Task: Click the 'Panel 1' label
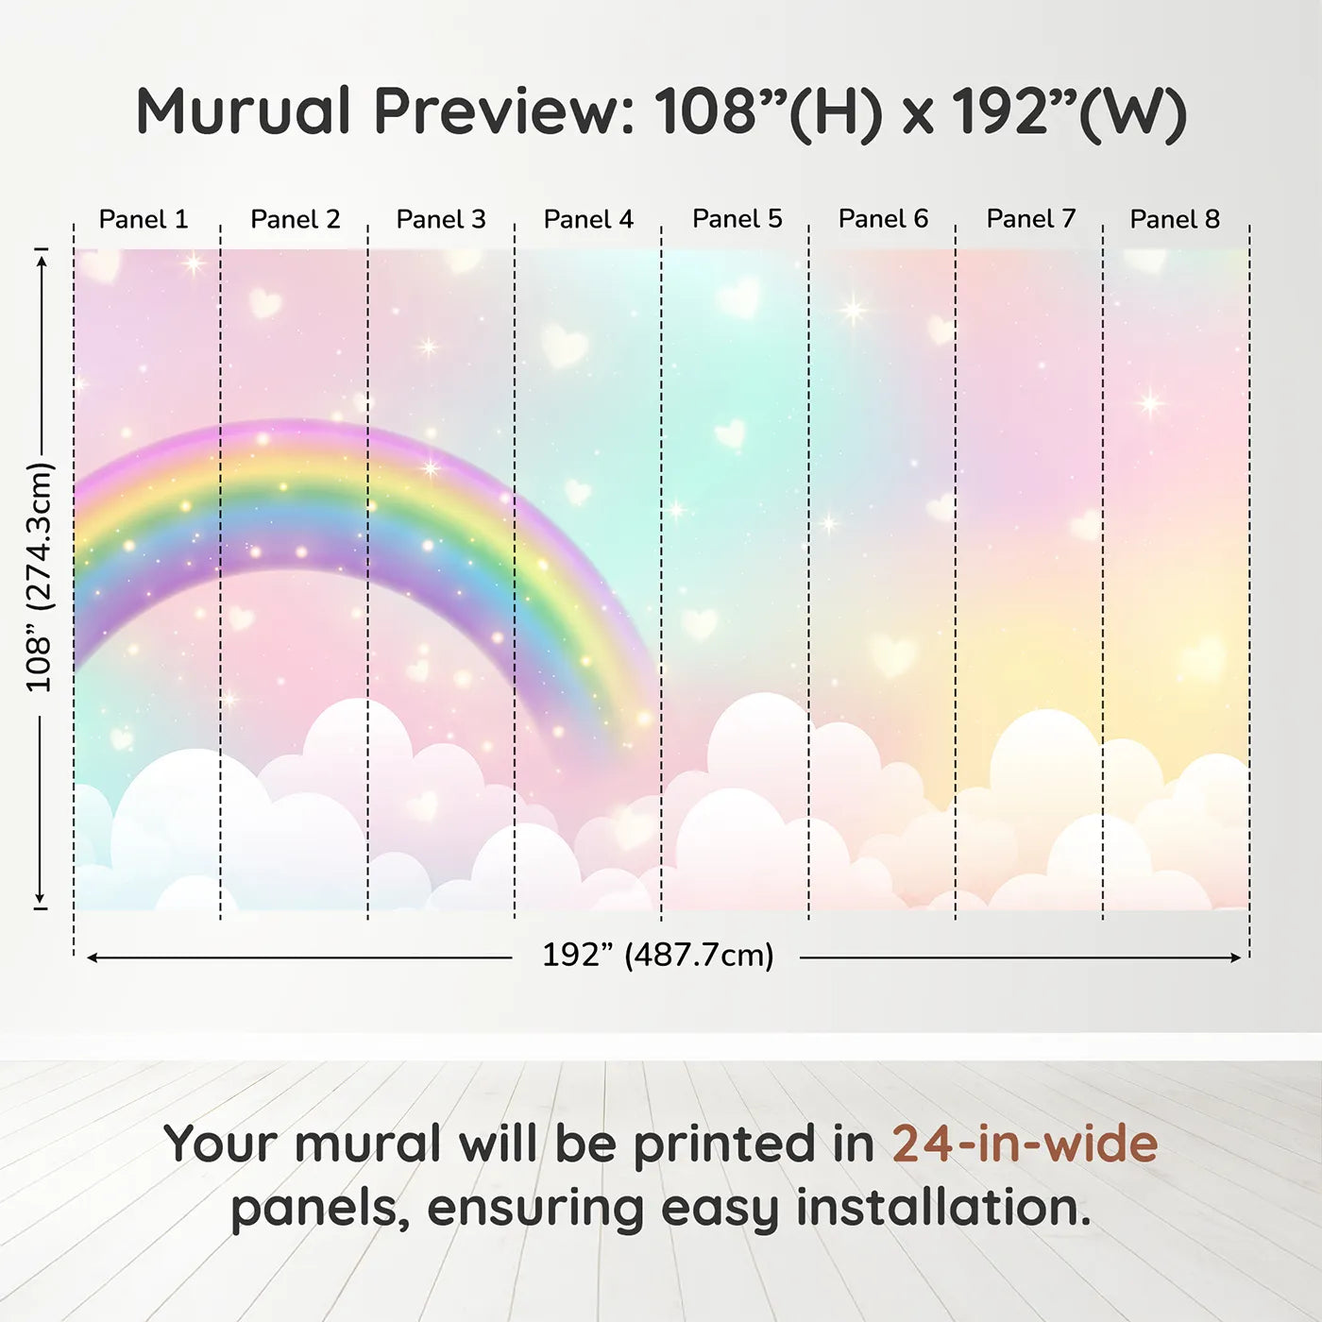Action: (144, 219)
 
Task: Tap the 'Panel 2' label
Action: (295, 219)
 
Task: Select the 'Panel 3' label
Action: (441, 219)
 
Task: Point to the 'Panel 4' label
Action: (588, 219)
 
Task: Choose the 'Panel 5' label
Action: (737, 219)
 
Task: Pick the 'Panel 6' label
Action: (884, 219)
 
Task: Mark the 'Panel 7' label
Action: (1031, 219)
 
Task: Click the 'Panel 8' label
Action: (1176, 219)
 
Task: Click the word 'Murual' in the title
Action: (245, 111)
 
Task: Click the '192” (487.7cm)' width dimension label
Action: (658, 955)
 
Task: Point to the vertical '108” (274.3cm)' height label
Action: (39, 577)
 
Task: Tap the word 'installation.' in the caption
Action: (943, 1208)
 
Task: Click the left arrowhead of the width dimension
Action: (92, 958)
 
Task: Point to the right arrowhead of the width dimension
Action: (1236, 958)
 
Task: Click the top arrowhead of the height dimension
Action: (42, 262)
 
